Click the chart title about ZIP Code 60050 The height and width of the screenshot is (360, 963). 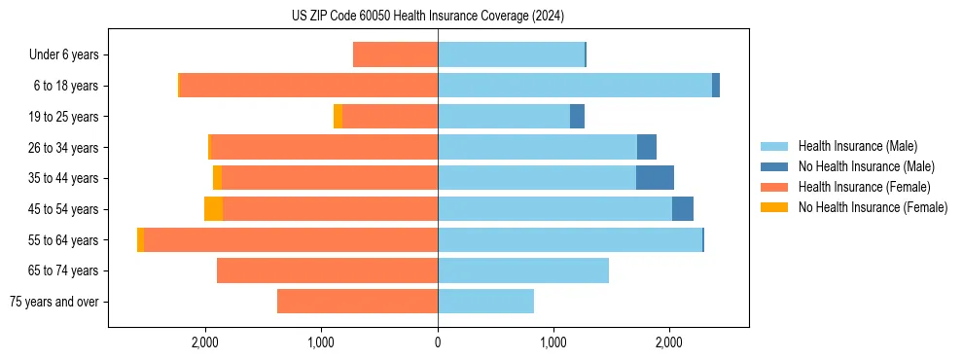tap(428, 17)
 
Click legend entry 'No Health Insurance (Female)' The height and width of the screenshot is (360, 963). tap(872, 207)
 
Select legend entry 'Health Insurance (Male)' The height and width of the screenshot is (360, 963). tap(857, 146)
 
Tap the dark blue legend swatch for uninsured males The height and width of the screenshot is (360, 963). tap(774, 166)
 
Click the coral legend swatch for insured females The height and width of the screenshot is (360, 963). tap(774, 187)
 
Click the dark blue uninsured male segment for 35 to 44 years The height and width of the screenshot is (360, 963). tap(655, 178)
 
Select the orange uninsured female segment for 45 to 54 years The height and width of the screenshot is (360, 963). tap(213, 209)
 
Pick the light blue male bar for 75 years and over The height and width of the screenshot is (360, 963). tap(485, 302)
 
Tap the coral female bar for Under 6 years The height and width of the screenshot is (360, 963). tap(395, 54)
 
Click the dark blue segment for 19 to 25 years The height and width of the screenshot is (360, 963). tap(577, 117)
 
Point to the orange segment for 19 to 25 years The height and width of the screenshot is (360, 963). tap(338, 117)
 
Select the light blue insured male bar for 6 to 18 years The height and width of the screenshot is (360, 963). tap(574, 86)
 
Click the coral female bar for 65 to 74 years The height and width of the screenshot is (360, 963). tap(327, 270)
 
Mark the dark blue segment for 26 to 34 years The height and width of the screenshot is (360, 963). tap(646, 147)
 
